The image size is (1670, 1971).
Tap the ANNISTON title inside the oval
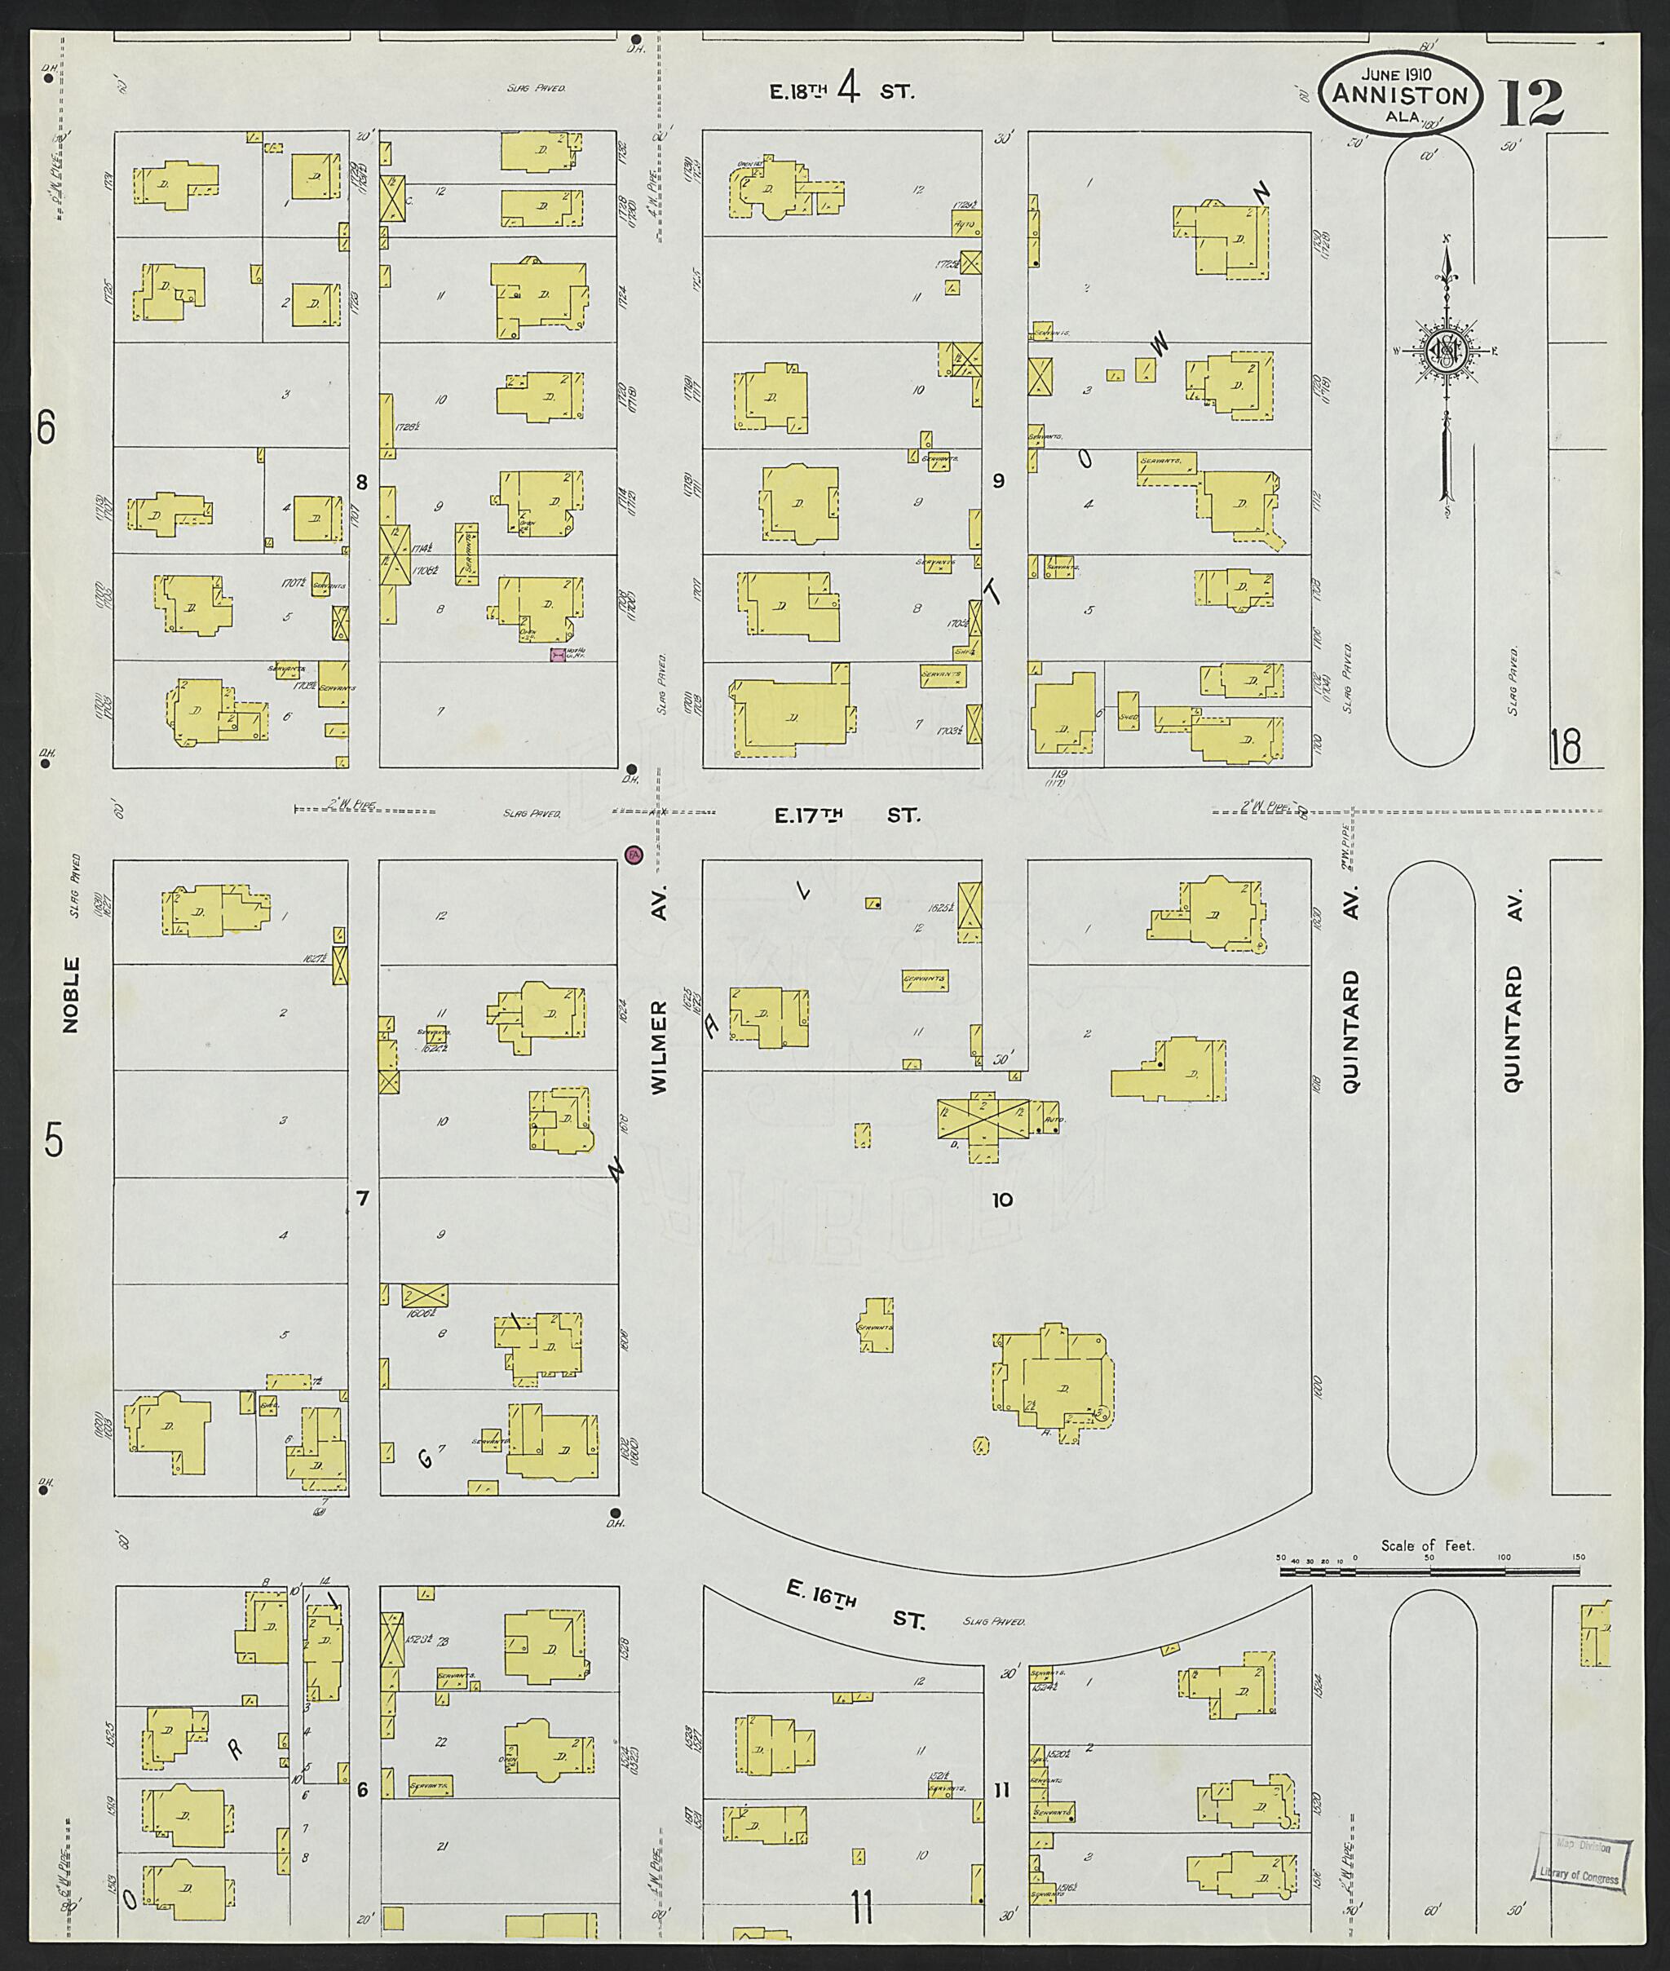[x=1399, y=95]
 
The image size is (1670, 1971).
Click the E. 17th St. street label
[x=846, y=815]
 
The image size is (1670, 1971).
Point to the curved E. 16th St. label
[x=856, y=1607]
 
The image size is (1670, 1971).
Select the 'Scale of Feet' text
[x=1427, y=1545]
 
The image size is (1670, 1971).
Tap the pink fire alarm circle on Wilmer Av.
[x=634, y=855]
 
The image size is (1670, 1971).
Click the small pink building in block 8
[x=558, y=654]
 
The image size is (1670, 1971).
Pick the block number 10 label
[x=1001, y=1200]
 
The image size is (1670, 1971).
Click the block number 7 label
[x=362, y=1199]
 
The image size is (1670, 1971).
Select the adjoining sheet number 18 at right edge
[x=1565, y=747]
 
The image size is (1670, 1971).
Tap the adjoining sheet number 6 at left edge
[x=46, y=429]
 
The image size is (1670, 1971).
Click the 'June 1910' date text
[x=1396, y=75]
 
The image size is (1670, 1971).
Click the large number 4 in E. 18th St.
[x=849, y=90]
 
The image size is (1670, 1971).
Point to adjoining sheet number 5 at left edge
[x=53, y=1141]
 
